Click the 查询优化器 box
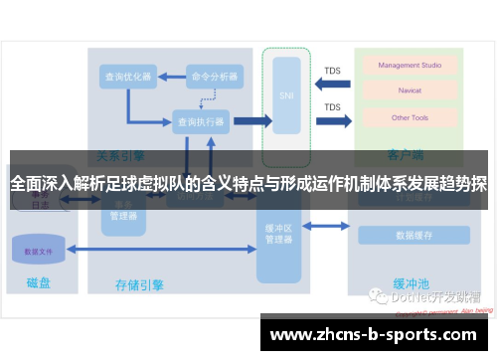point(127,76)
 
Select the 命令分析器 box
point(215,76)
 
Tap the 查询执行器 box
point(200,121)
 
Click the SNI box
point(288,96)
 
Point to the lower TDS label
point(332,106)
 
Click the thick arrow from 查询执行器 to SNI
point(251,121)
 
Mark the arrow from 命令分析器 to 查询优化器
point(171,76)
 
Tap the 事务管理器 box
point(124,209)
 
